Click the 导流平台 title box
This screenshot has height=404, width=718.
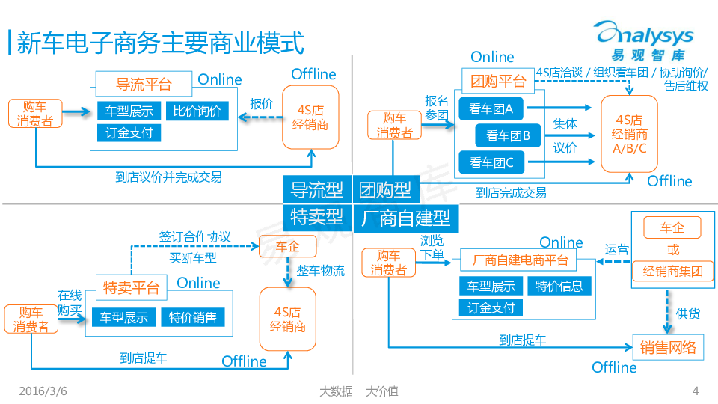pos(144,84)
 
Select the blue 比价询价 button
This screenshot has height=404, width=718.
pos(197,111)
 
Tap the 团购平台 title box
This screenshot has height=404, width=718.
pos(499,81)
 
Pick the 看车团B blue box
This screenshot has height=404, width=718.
pos(508,135)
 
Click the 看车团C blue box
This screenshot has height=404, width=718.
pos(491,161)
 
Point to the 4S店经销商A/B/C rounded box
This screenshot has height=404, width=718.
pos(629,134)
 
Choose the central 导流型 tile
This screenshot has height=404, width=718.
pos(317,189)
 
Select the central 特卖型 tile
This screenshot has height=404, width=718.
pos(317,217)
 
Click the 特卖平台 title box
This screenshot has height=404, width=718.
pos(132,287)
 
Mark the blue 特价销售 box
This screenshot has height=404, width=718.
pos(192,317)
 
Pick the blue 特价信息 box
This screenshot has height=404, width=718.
pos(559,286)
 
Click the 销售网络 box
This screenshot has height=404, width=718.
pos(668,346)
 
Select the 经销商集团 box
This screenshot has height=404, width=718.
pos(673,271)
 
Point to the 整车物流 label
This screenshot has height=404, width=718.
pos(321,271)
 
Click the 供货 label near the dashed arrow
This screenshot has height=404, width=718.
pos(688,313)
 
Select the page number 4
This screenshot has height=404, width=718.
pos(696,391)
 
